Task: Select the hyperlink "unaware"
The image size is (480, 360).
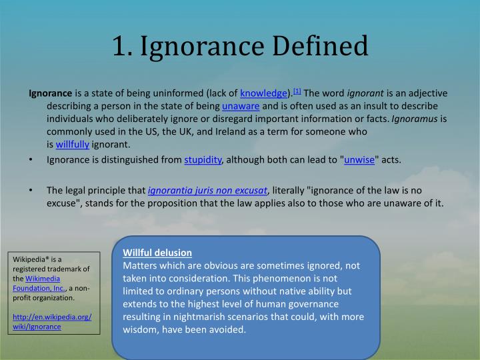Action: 241,106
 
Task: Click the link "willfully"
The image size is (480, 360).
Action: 73,144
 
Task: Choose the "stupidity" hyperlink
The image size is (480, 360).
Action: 203,160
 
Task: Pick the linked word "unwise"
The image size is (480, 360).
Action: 359,160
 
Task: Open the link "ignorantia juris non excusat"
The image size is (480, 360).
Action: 207,190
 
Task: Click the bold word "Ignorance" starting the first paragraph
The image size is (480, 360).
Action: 50,93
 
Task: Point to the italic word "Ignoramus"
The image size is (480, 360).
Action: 415,119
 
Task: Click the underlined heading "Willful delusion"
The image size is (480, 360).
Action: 157,253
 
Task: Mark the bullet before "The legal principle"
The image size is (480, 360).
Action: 32,191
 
